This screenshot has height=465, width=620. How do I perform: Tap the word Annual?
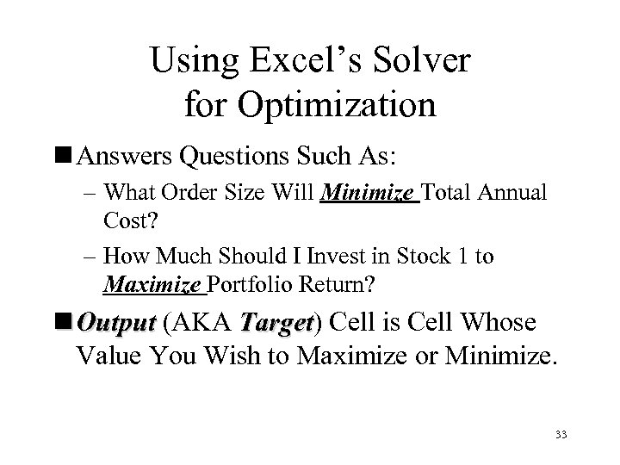click(x=505, y=194)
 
